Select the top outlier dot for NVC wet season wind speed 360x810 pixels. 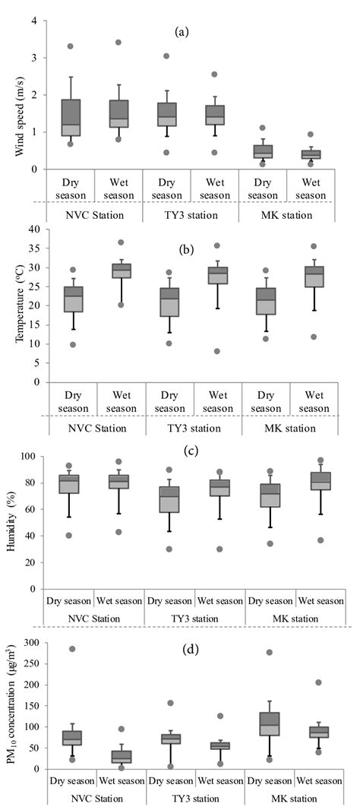coord(118,43)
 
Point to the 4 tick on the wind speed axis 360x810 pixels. coord(34,21)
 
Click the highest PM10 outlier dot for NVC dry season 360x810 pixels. coord(71,650)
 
